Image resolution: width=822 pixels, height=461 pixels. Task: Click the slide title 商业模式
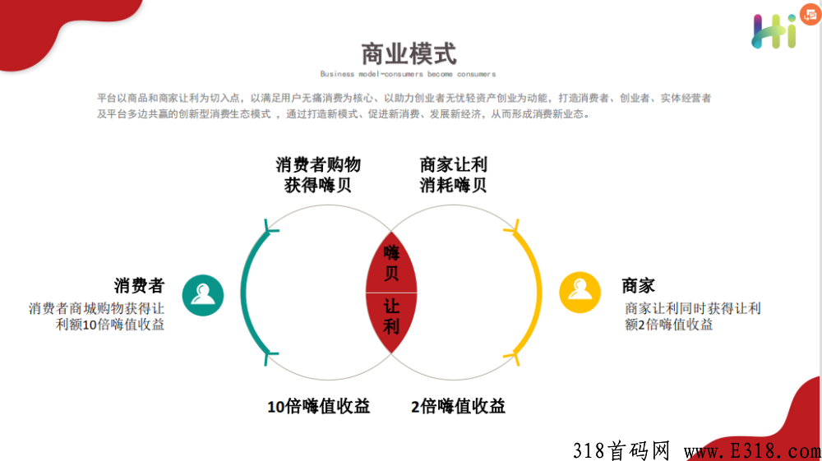pyautogui.click(x=409, y=54)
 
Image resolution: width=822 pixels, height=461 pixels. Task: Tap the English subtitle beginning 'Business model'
pyautogui.click(x=408, y=74)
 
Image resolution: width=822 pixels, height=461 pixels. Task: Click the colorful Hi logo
pyautogui.click(x=774, y=31)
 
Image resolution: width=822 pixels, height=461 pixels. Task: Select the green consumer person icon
pyautogui.click(x=203, y=295)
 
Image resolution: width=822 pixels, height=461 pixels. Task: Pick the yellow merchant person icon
pyautogui.click(x=580, y=293)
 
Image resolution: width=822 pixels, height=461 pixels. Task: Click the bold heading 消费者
pyautogui.click(x=140, y=285)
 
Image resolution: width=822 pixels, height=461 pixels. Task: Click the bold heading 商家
pyautogui.click(x=639, y=285)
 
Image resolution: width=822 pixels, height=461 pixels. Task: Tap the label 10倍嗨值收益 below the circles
pyautogui.click(x=319, y=406)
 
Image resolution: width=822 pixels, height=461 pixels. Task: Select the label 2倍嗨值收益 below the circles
pyautogui.click(x=458, y=406)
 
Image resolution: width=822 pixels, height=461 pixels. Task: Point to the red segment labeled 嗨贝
pyautogui.click(x=391, y=264)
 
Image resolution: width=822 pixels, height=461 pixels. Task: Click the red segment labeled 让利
pyautogui.click(x=391, y=319)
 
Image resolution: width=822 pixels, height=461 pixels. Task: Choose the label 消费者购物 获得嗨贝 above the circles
pyautogui.click(x=318, y=174)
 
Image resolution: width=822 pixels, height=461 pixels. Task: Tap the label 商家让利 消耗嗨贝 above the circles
pyautogui.click(x=454, y=174)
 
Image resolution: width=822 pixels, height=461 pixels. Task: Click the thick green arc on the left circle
pyautogui.click(x=243, y=293)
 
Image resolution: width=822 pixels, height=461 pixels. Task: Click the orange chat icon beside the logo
pyautogui.click(x=810, y=14)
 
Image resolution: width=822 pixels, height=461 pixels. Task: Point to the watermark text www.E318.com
pyautogui.click(x=753, y=450)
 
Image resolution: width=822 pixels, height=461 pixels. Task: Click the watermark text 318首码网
pyautogui.click(x=621, y=450)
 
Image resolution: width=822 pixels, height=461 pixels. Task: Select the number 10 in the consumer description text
pyautogui.click(x=89, y=325)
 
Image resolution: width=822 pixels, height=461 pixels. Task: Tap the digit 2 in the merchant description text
pyautogui.click(x=642, y=325)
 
